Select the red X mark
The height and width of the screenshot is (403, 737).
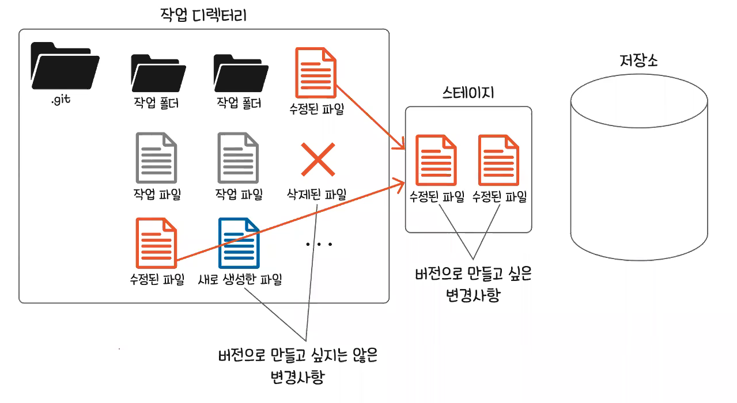point(318,159)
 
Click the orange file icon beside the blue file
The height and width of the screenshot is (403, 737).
point(156,242)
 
